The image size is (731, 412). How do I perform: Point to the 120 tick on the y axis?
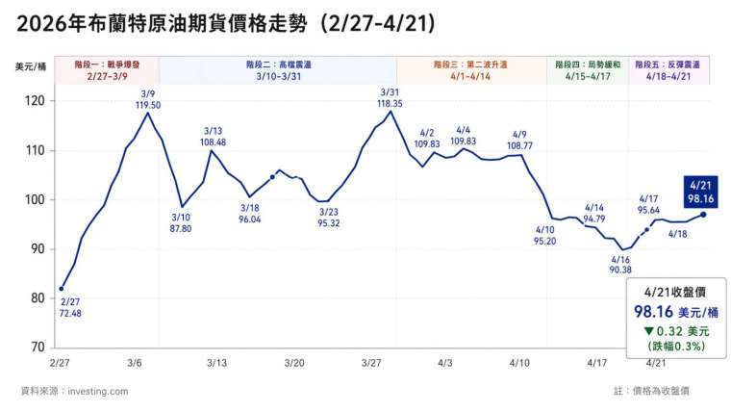[37, 101]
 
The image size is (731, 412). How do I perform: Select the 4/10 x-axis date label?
[520, 363]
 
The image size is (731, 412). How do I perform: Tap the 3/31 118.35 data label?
[390, 96]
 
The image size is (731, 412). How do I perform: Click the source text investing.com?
[74, 391]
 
